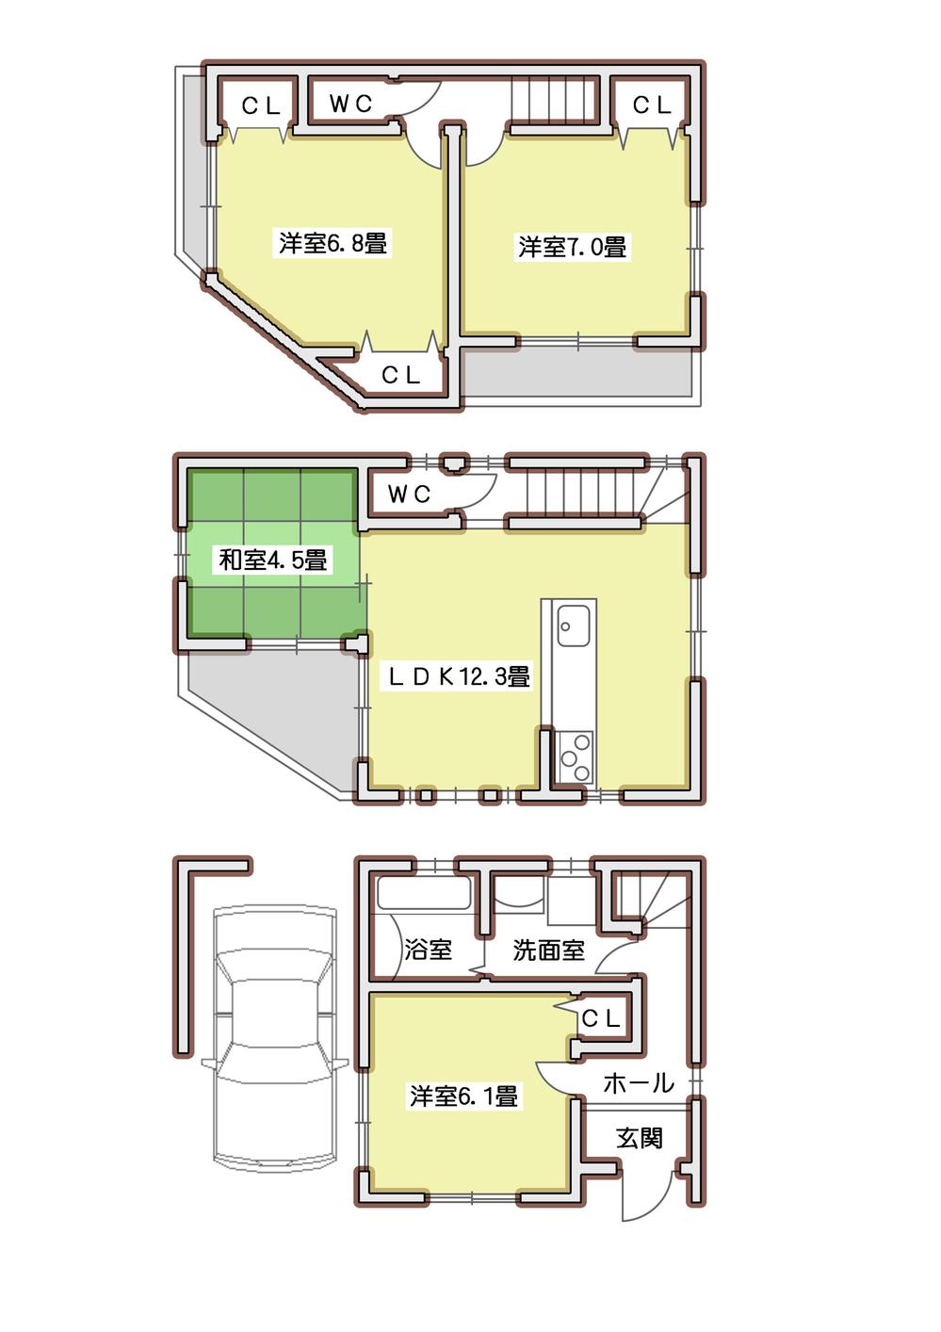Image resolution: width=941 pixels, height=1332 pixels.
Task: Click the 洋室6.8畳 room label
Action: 333,243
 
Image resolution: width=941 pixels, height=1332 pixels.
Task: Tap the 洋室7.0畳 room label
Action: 572,247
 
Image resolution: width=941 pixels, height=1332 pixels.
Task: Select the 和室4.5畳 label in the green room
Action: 272,560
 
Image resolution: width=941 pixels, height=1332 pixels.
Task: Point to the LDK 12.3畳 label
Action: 460,675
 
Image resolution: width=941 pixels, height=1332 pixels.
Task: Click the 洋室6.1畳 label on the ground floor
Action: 463,1096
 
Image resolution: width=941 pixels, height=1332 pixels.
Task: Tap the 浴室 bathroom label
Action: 428,949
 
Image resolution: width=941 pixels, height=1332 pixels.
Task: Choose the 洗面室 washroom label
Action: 548,950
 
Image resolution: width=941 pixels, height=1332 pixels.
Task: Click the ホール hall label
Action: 638,1083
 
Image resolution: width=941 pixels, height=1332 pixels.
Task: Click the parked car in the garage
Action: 273,1036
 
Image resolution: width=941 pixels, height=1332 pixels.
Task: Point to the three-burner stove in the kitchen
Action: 573,756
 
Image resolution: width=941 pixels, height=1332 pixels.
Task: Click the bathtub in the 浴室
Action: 424,893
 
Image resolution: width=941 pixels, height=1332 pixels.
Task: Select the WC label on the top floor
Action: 350,104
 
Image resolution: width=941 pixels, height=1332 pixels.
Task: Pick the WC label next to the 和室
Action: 408,494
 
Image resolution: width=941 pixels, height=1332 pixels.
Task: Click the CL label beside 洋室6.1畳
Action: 600,1018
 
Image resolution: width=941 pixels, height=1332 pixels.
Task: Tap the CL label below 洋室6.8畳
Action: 400,375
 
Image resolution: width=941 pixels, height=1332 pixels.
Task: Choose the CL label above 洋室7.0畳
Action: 652,105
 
